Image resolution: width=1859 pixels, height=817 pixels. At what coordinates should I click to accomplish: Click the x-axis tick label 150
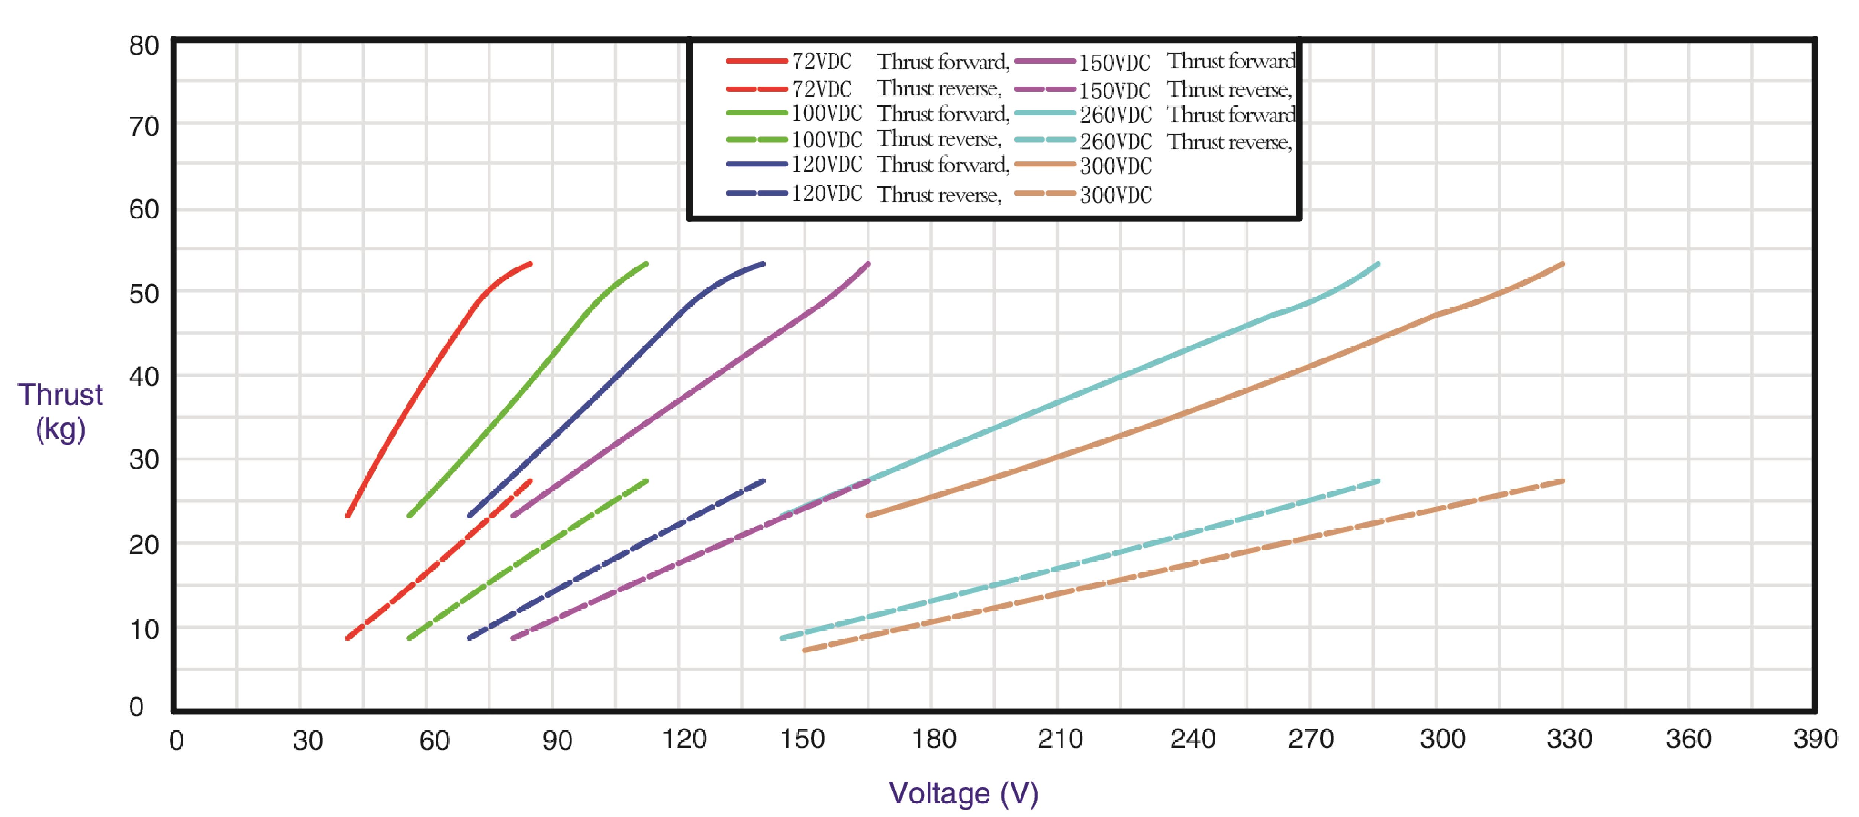click(802, 739)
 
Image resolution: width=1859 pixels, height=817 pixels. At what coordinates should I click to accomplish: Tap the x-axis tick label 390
click(1814, 739)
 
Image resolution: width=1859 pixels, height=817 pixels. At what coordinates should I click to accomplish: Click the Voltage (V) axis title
click(963, 793)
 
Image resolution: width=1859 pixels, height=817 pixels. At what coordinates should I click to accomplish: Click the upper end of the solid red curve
click(531, 264)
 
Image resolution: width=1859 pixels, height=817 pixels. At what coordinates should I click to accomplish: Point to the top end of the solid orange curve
click(1562, 264)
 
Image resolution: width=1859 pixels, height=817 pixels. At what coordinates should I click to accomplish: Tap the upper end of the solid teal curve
click(1378, 264)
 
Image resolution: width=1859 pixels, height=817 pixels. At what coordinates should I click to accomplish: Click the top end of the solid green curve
click(646, 264)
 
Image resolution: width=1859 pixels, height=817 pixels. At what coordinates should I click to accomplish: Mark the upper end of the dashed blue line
click(763, 480)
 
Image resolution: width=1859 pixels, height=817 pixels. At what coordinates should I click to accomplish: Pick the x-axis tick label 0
click(176, 740)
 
